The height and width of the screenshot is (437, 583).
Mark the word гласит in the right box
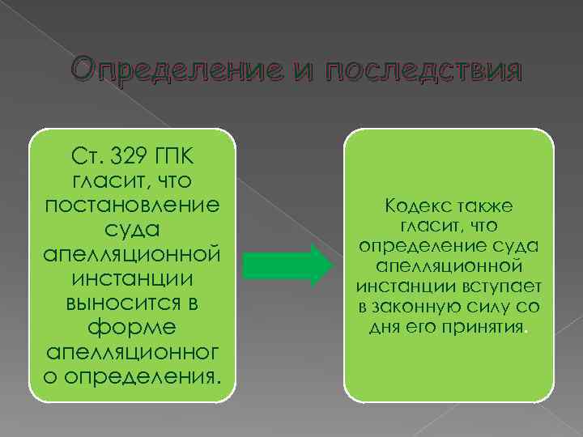pos(428,227)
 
